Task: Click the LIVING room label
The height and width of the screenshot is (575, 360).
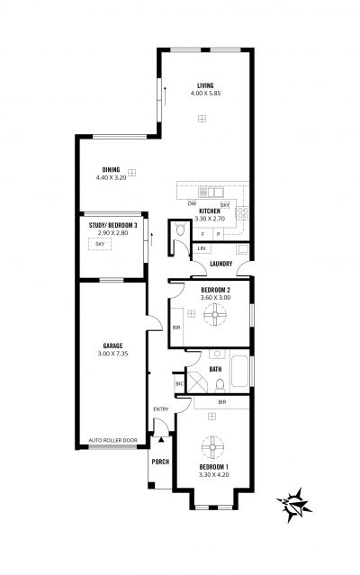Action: [x=205, y=85]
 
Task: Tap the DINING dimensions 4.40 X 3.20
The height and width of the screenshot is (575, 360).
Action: [x=111, y=177]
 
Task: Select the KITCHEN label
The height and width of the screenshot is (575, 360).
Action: [x=210, y=211]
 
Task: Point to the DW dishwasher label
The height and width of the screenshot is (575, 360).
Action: [x=192, y=203]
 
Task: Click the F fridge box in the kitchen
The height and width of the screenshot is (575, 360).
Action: [x=202, y=234]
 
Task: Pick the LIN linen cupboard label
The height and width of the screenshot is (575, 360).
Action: [x=202, y=248]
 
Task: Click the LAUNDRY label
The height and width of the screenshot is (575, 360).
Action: [x=221, y=264]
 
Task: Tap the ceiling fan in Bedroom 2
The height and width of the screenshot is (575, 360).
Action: [x=215, y=314]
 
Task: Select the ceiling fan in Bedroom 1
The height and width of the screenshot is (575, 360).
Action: [x=212, y=446]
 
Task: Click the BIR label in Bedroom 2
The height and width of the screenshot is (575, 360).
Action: [x=176, y=328]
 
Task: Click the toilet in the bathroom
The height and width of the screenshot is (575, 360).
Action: [x=220, y=386]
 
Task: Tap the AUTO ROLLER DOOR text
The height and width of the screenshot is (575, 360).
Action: [x=112, y=440]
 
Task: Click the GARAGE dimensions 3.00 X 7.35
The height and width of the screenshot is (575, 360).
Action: [x=112, y=354]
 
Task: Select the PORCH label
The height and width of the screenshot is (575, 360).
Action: [x=160, y=462]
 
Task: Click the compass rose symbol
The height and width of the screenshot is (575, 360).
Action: [x=293, y=505]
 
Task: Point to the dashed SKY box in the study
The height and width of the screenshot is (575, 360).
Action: [x=100, y=244]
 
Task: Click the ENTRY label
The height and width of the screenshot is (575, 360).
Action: [x=161, y=409]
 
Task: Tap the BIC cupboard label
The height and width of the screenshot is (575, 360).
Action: [x=179, y=384]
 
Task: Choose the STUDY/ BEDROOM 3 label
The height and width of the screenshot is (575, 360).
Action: [x=112, y=225]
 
